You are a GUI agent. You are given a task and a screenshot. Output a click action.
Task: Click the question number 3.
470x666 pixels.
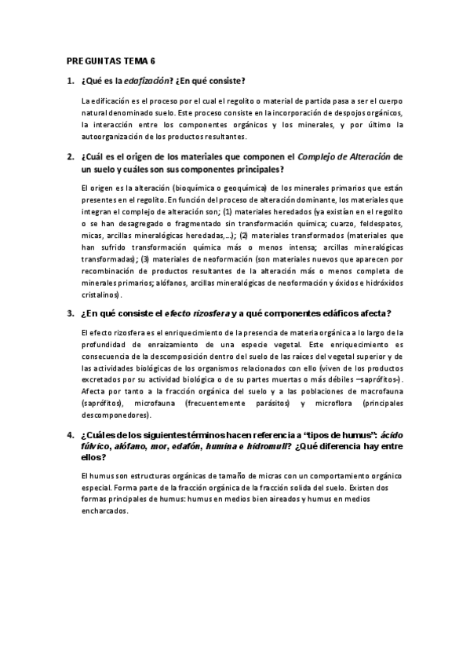[x=71, y=314]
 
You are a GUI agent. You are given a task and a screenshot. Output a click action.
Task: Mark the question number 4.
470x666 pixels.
[x=71, y=435]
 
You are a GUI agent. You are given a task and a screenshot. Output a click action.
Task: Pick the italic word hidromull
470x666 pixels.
[x=266, y=446]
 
